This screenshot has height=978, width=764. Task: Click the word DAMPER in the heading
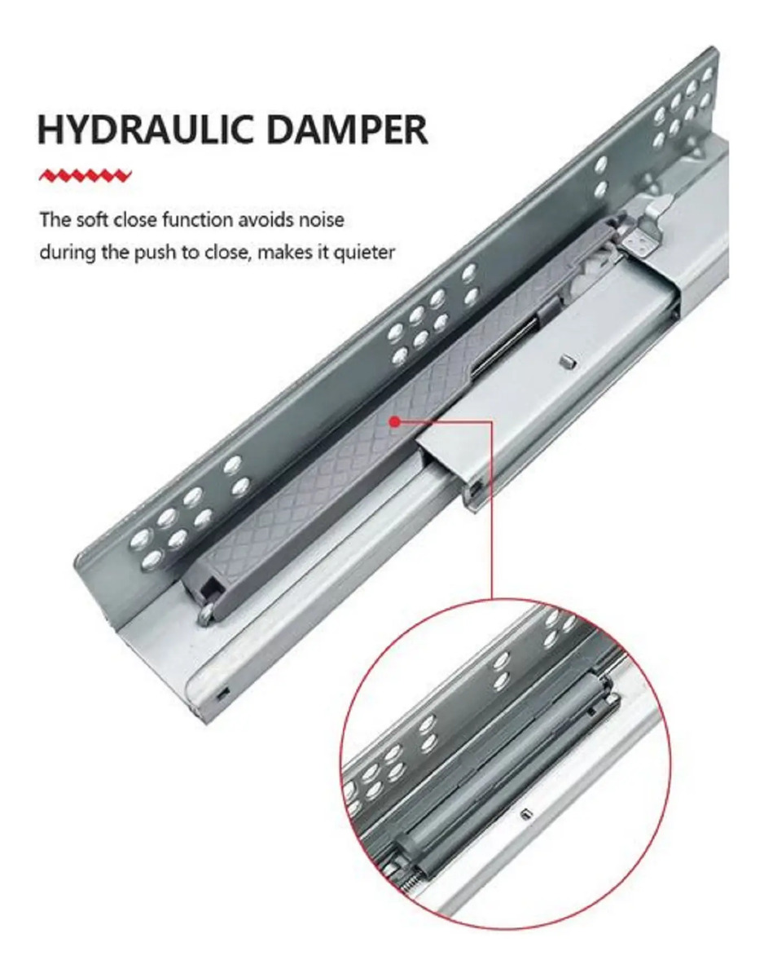[349, 130]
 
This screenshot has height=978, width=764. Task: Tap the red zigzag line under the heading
[86, 175]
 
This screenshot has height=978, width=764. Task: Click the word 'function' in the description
[200, 220]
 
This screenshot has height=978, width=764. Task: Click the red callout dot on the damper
[394, 421]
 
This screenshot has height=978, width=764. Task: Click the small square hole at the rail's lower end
[222, 694]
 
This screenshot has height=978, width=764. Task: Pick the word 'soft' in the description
[93, 220]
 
